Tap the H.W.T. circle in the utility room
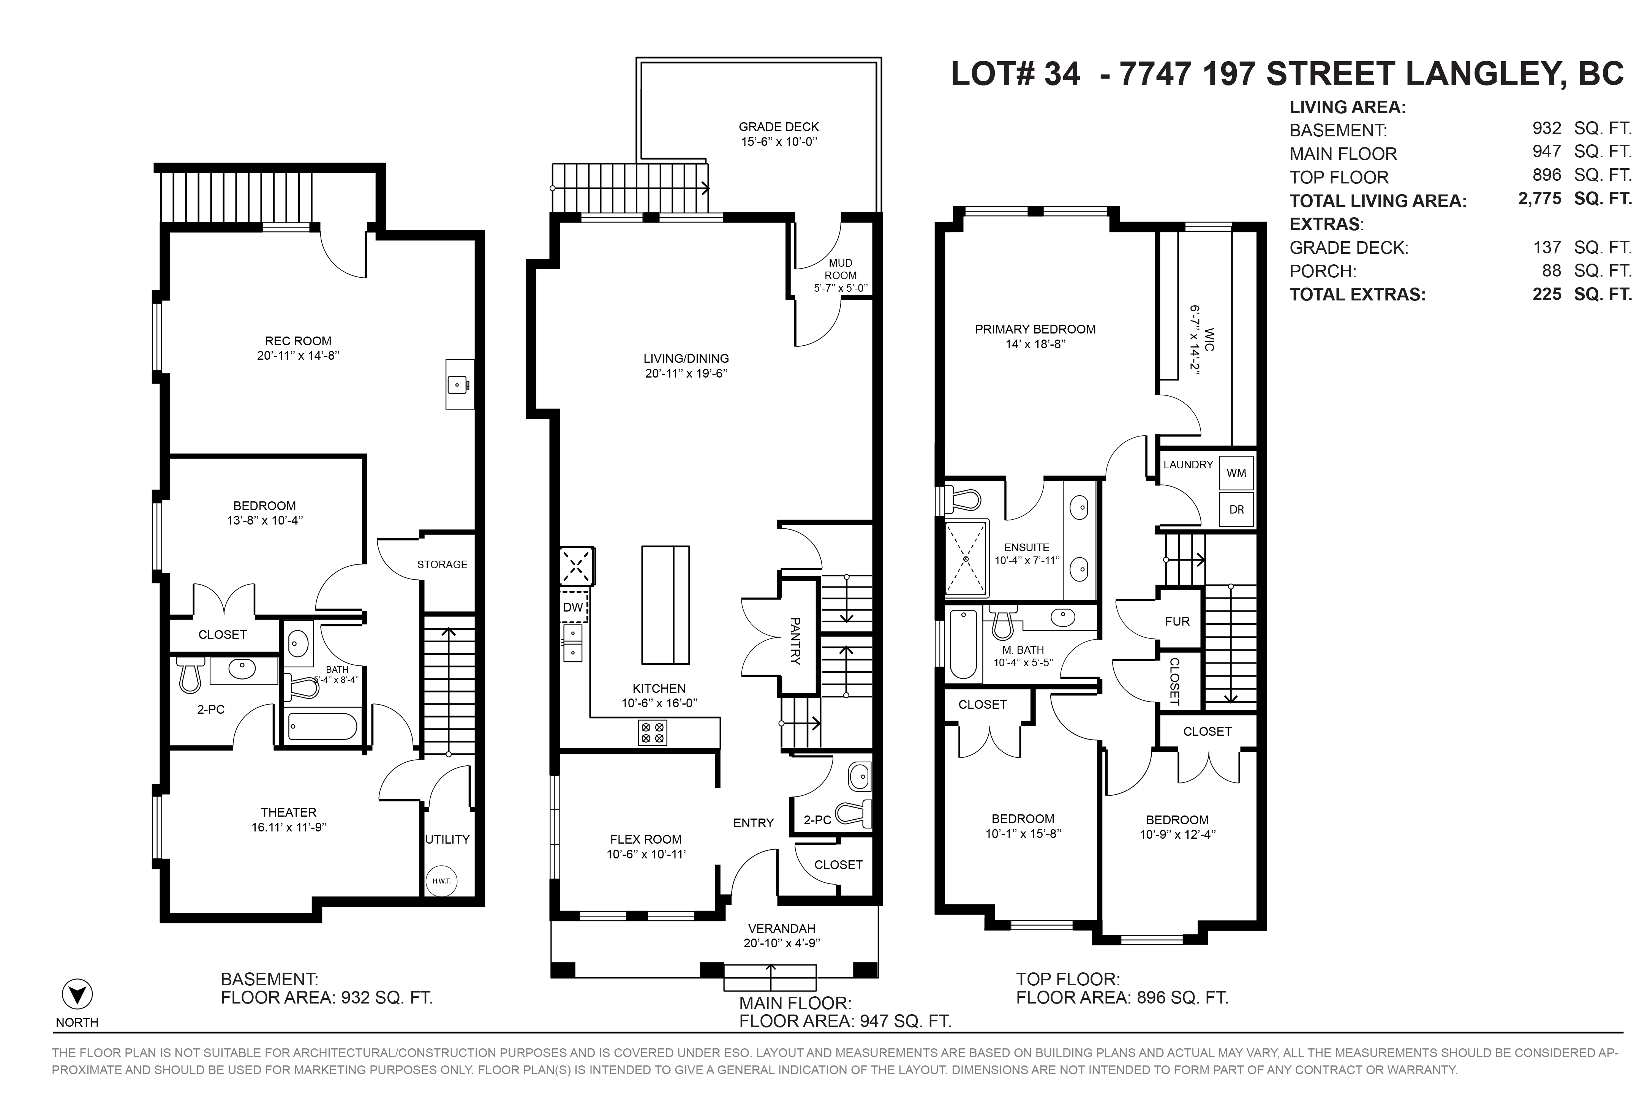[441, 881]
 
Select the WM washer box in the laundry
[1236, 473]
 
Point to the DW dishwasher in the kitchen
[573, 607]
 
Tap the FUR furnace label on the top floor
[1177, 621]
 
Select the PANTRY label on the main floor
[795, 640]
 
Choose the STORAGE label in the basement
[442, 564]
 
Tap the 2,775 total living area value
[1540, 199]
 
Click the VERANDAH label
[781, 928]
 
